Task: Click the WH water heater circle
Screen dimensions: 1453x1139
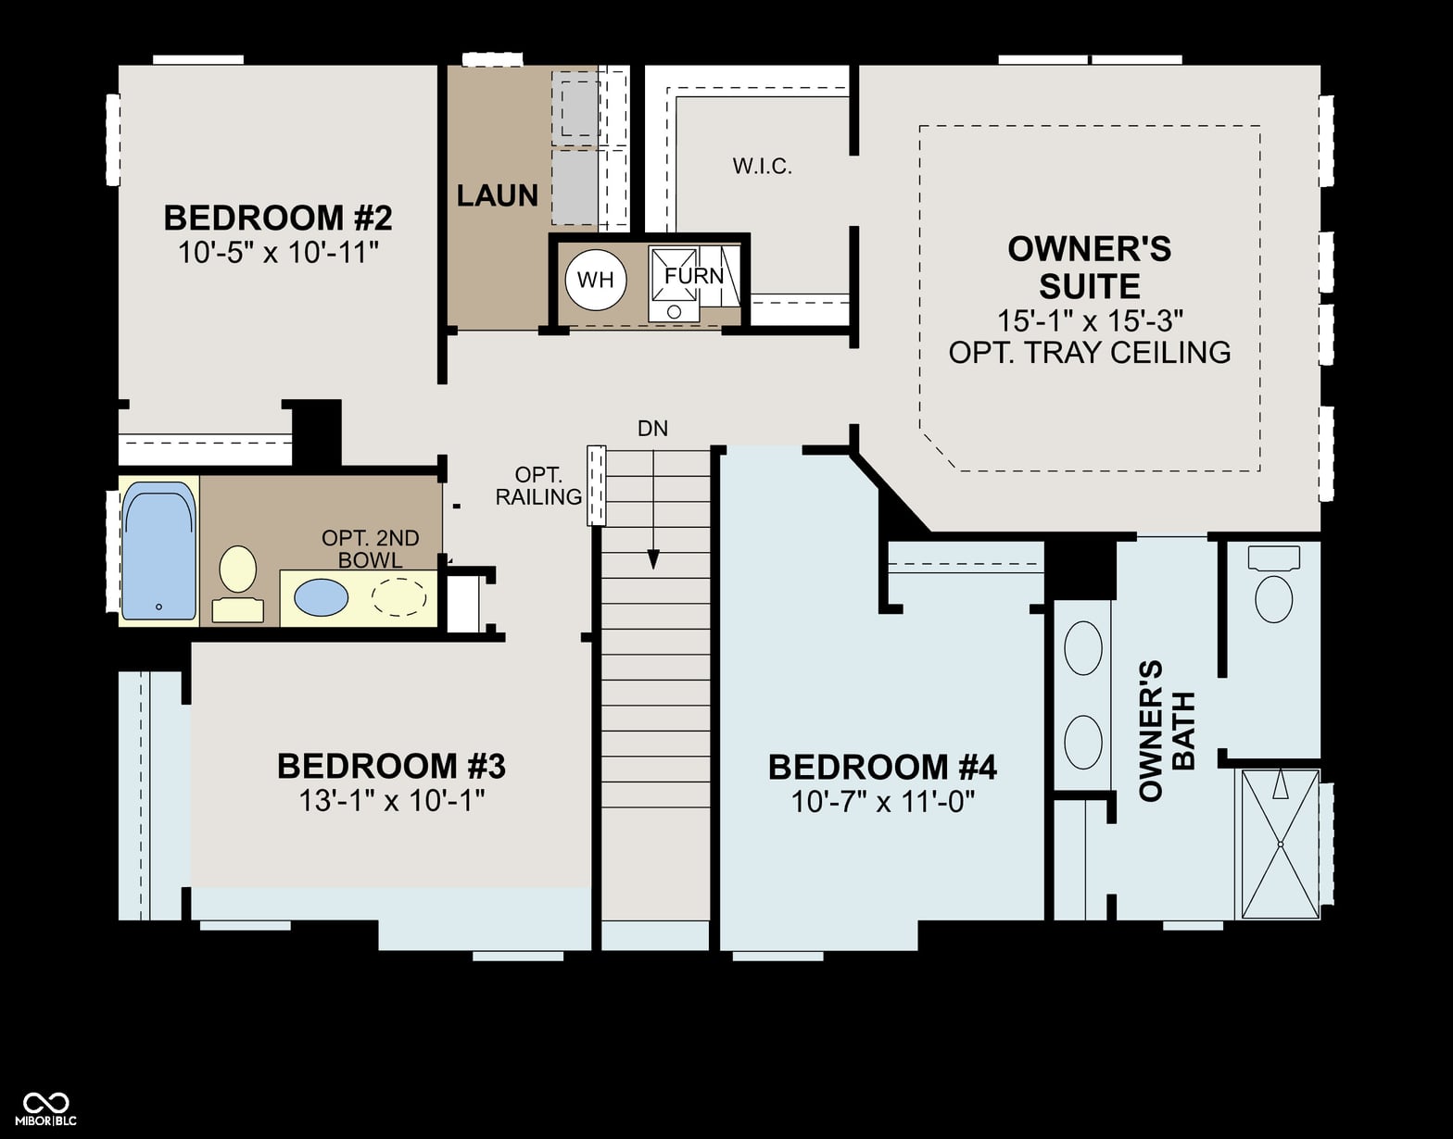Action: [595, 280]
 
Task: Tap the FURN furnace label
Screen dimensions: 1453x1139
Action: [693, 276]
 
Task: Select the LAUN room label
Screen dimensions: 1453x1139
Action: [497, 195]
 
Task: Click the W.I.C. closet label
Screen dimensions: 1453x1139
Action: [763, 167]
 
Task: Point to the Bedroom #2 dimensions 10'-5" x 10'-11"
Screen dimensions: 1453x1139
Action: [278, 253]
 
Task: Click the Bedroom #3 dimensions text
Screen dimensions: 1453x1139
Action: [391, 800]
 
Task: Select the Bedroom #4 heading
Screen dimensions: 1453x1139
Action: [882, 768]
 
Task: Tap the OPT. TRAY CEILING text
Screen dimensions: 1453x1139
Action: [1089, 352]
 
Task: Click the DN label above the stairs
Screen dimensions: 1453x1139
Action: [652, 428]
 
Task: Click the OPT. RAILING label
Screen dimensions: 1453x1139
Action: [538, 485]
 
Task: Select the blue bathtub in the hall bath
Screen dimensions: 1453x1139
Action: [158, 551]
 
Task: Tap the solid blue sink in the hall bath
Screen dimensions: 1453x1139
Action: [321, 597]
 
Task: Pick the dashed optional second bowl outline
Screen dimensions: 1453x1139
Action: [399, 596]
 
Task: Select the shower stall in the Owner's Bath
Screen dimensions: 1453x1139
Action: [1280, 844]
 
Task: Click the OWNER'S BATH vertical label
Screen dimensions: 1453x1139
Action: [1166, 730]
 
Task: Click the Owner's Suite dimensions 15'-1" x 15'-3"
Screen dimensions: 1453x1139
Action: [1090, 320]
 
